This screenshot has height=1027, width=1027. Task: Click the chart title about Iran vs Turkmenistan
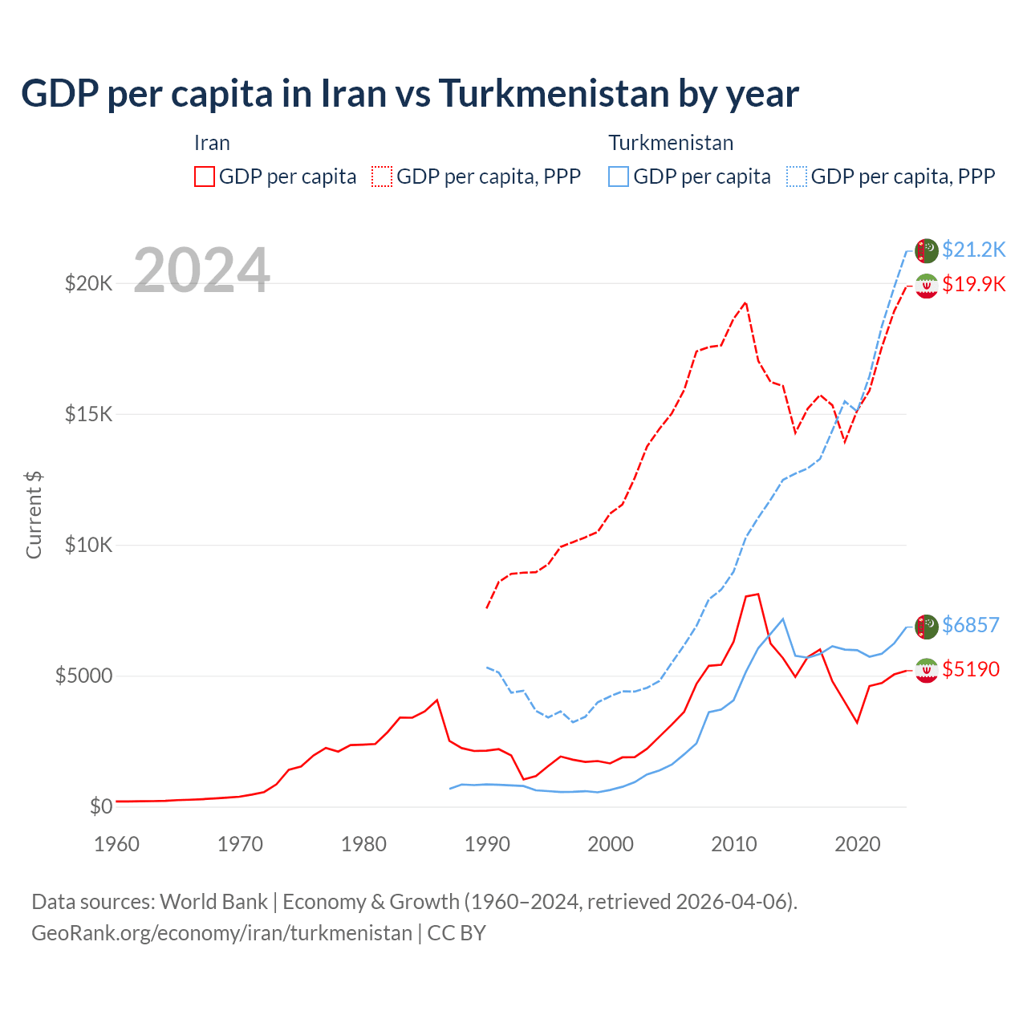coord(410,94)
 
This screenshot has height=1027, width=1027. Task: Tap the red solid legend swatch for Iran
coord(205,177)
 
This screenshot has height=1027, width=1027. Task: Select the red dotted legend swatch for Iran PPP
coord(382,177)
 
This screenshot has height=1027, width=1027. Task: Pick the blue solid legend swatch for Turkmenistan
coord(619,177)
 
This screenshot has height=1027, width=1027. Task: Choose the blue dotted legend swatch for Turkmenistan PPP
coord(797,177)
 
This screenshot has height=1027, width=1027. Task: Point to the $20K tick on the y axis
coord(89,283)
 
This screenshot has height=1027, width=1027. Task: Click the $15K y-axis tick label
coord(89,414)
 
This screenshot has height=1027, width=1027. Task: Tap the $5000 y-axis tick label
coord(83,676)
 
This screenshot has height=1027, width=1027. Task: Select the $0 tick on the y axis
coord(100,806)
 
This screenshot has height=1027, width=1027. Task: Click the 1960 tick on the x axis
coord(116,844)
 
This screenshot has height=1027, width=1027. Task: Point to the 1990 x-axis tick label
coord(487,844)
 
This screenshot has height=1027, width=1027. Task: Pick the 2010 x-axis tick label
coord(734,844)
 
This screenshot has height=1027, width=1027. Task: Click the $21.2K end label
coord(973,250)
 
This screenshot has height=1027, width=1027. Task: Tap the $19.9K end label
coord(973,284)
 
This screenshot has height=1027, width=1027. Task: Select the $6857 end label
coord(971,625)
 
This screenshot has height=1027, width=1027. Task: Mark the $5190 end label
coord(971,669)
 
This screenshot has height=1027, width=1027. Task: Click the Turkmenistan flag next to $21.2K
coord(927,250)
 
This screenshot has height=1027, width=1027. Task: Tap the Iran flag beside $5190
coord(927,670)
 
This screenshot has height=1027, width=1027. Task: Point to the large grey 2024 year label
coord(201,270)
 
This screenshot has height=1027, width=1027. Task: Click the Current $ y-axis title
coord(34,515)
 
